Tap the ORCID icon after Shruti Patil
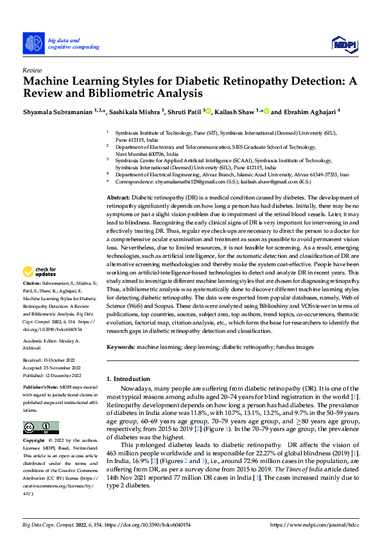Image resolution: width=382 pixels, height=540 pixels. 207,111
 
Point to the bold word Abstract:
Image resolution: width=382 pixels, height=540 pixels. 118,198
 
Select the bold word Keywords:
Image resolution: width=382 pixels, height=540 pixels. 120,347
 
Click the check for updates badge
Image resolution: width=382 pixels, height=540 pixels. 42,290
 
